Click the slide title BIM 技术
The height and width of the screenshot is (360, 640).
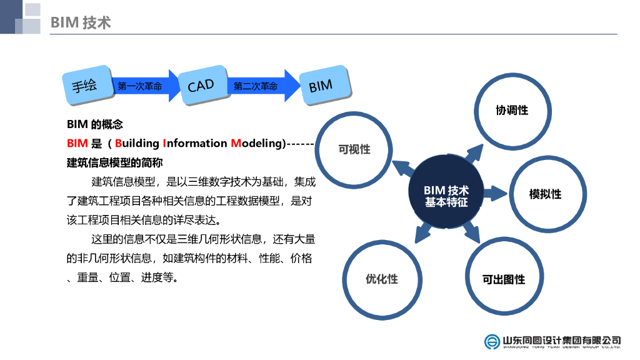click(81, 23)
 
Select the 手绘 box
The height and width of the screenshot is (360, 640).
click(84, 86)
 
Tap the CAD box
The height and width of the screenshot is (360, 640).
click(201, 86)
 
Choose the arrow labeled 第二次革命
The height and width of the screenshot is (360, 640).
click(258, 86)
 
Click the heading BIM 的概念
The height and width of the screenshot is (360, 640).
click(95, 124)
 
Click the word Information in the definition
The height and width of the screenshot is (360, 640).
click(194, 144)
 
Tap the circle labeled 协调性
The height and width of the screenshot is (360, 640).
click(512, 111)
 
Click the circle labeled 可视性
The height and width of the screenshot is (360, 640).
click(354, 149)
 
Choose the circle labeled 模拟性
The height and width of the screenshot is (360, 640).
click(545, 194)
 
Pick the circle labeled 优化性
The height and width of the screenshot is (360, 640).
click(381, 279)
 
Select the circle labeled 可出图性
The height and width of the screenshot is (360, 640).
click(503, 279)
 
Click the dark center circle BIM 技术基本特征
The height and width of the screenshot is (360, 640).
click(446, 196)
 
